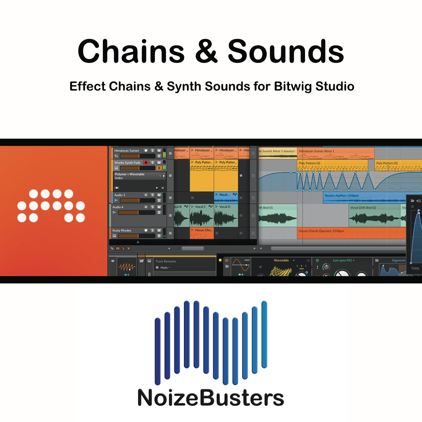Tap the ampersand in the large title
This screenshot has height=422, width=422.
point(206,52)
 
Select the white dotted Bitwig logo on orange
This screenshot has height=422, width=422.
point(51,206)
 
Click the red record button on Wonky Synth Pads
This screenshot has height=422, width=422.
point(146,162)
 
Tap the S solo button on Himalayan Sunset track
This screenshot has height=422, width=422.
point(153,150)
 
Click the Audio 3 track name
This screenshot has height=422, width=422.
point(120,195)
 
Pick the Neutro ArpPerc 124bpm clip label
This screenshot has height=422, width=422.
point(342,196)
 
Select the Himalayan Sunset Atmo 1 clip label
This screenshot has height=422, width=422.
point(316,151)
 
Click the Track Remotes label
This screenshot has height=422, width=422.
point(165,261)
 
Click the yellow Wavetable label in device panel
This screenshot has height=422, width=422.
point(281,260)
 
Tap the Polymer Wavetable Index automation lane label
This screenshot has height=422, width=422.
point(130,176)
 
